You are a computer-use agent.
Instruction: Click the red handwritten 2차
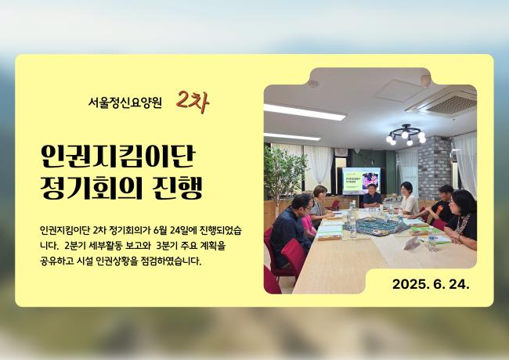tap(193, 103)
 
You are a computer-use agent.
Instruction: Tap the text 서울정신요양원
tap(125, 103)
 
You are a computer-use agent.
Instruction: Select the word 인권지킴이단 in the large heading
tap(117, 157)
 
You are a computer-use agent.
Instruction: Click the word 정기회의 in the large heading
tap(92, 188)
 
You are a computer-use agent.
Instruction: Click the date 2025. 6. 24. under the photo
tap(431, 284)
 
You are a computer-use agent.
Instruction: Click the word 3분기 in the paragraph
tap(166, 246)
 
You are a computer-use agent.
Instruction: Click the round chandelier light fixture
tap(406, 135)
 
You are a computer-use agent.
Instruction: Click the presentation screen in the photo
tap(361, 180)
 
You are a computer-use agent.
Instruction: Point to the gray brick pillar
tap(435, 167)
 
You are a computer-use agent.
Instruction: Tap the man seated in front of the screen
tap(372, 196)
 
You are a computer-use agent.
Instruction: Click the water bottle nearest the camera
tap(431, 240)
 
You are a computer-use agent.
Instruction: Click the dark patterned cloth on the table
tap(375, 225)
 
